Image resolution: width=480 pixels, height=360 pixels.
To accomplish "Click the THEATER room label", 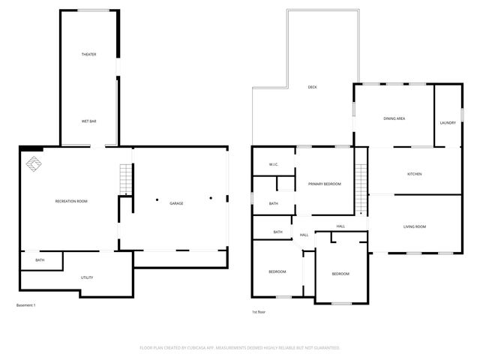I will (89, 54).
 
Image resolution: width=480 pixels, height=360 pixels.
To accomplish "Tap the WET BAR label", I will (88, 121).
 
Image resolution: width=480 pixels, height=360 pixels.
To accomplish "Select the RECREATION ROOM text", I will (71, 202).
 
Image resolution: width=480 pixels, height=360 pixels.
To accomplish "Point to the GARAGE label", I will (176, 203).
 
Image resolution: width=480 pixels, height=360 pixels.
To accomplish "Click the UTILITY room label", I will (87, 277).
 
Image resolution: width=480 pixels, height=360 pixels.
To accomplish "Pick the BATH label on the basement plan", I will (39, 260).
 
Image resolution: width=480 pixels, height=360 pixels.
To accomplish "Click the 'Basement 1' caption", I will (25, 305).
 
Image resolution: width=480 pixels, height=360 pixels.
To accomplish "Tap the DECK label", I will (312, 88).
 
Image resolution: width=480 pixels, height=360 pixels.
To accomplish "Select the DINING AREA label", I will (394, 118).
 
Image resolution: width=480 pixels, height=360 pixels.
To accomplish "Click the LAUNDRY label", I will (448, 122).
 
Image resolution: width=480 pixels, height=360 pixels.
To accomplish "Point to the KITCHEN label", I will (414, 174).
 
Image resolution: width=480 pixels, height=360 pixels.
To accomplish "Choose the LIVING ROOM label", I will (415, 226).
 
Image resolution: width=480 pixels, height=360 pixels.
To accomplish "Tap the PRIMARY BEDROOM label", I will (324, 184).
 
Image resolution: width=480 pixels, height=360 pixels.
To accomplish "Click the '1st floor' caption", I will (259, 312).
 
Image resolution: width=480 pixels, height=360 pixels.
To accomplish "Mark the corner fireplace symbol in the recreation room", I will (34, 163).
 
